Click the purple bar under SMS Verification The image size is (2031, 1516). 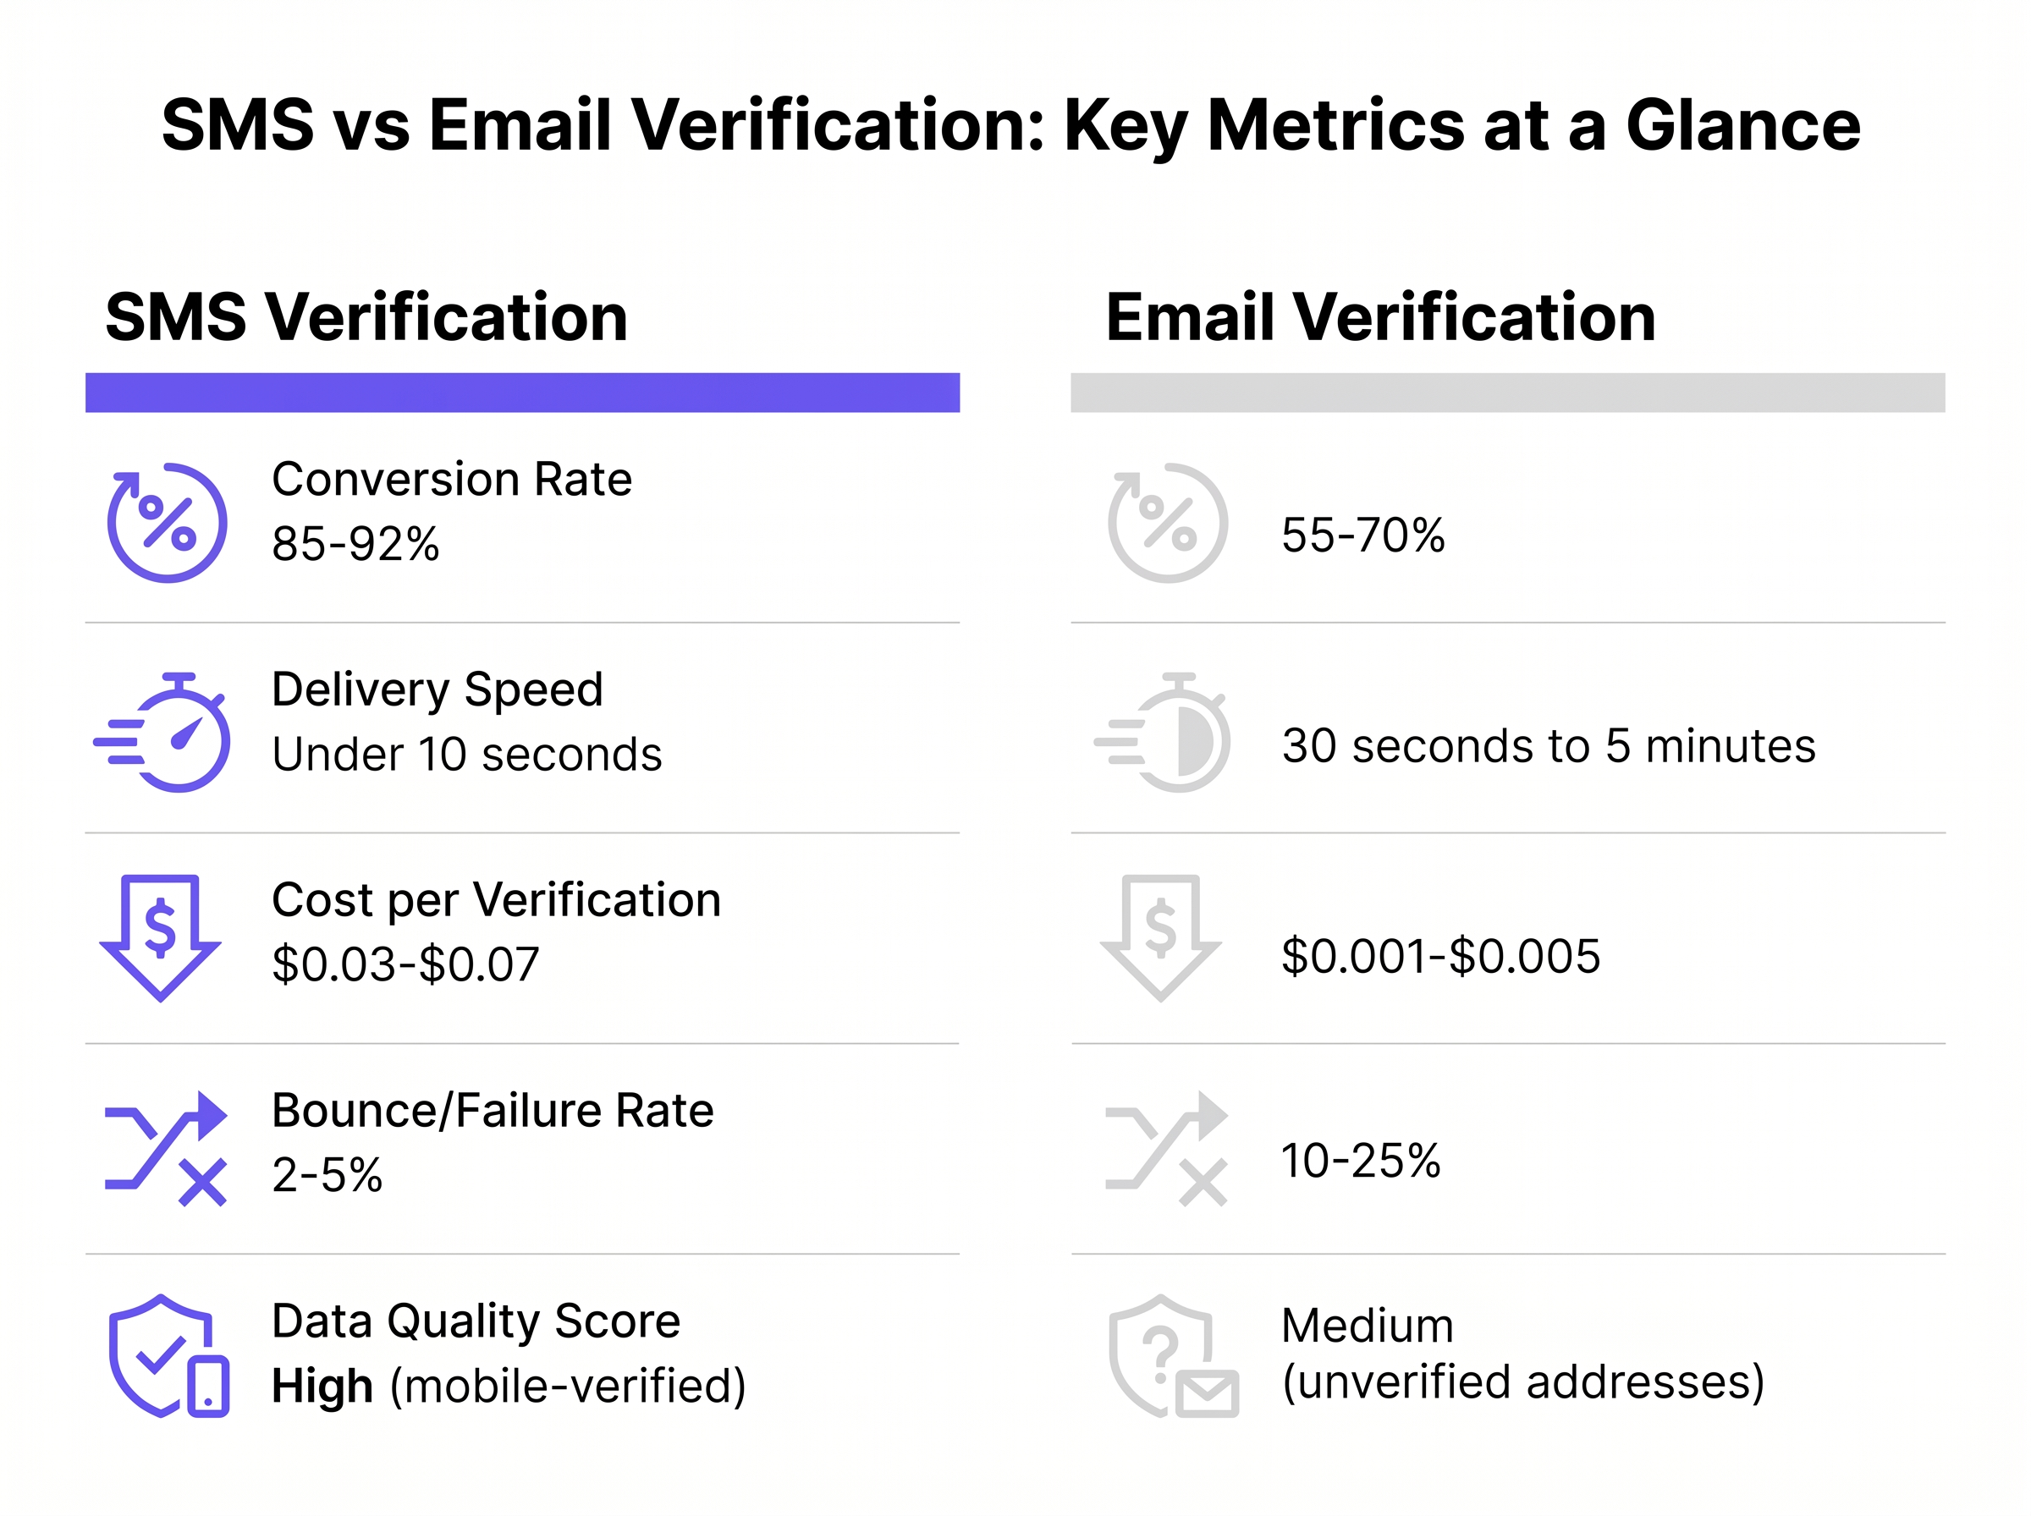click(522, 393)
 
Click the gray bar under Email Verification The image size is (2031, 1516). click(1508, 393)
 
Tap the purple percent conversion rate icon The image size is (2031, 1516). click(167, 522)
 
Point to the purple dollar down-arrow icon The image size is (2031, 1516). click(161, 938)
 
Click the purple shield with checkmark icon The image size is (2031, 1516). click(168, 1355)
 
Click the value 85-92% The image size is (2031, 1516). click(356, 543)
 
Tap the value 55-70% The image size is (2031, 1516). click(1362, 535)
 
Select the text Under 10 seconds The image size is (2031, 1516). click(467, 755)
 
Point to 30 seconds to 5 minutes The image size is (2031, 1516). click(1549, 745)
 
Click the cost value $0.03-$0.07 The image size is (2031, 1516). click(405, 964)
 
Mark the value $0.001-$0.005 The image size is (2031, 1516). click(1441, 955)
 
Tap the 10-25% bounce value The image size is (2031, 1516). click(1361, 1160)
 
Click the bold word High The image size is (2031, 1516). click(322, 1385)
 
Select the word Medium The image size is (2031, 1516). click(1368, 1325)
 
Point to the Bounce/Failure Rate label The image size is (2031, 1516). click(493, 1111)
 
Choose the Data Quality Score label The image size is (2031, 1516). click(476, 1321)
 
